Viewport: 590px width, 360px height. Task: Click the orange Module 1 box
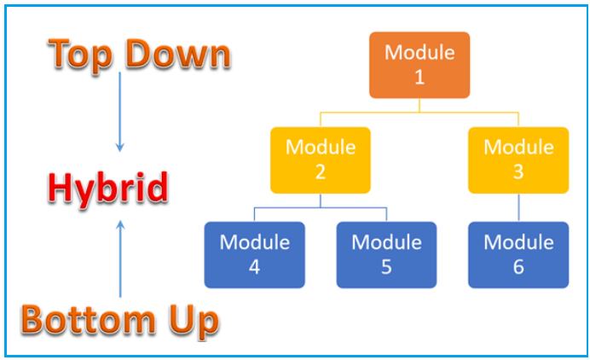coord(419,65)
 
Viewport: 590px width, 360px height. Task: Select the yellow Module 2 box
coord(321,160)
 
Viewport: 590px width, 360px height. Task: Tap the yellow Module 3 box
coord(518,160)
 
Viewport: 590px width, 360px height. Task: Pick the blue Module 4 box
coord(254,255)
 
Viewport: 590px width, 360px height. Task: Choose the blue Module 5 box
coord(386,255)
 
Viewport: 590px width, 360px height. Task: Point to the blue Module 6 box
coord(518,255)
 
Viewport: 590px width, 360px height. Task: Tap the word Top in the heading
coord(80,55)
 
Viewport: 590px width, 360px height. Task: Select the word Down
coord(177,54)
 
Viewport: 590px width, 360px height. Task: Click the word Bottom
coord(88,319)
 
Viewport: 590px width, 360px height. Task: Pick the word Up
coord(194,322)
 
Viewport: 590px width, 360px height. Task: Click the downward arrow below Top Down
coord(120,112)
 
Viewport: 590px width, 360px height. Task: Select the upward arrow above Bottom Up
coord(120,259)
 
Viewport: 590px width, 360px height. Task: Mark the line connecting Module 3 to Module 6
coord(518,207)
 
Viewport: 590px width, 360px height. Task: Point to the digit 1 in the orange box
coord(419,77)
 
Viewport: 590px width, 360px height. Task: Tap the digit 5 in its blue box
coord(386,267)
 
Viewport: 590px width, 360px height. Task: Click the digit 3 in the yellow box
coord(518,172)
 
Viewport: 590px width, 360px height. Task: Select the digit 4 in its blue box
coord(254,267)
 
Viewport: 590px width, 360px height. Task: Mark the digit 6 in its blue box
coord(518,267)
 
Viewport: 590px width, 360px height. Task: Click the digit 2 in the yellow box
coord(321,172)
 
